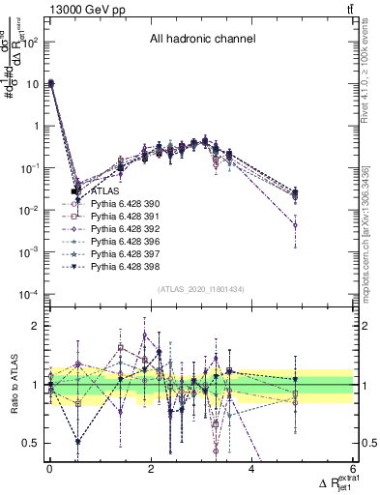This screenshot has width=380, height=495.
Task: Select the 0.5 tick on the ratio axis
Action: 31,443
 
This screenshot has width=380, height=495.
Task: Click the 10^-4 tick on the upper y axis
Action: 31,294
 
